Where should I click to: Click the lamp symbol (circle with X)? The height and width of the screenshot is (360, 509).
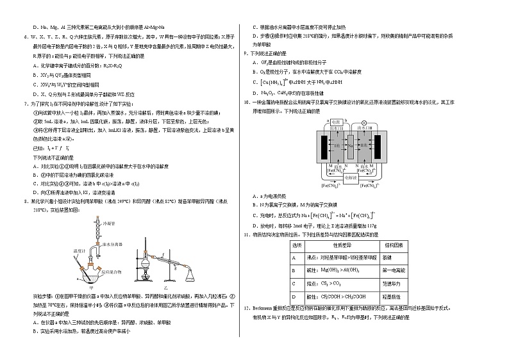click(365, 122)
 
